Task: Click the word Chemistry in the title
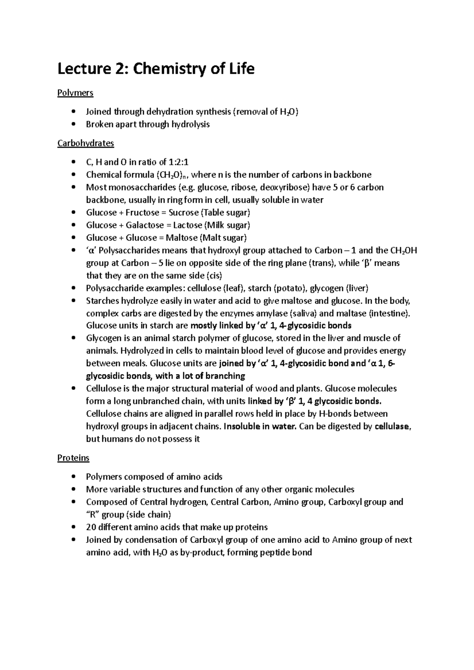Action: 168,69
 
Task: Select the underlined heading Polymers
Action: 75,93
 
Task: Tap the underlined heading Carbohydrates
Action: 85,143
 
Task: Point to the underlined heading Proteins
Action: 73,458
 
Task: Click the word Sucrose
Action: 183,213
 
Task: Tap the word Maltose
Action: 181,238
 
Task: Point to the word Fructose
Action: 142,213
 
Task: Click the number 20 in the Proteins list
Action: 91,528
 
